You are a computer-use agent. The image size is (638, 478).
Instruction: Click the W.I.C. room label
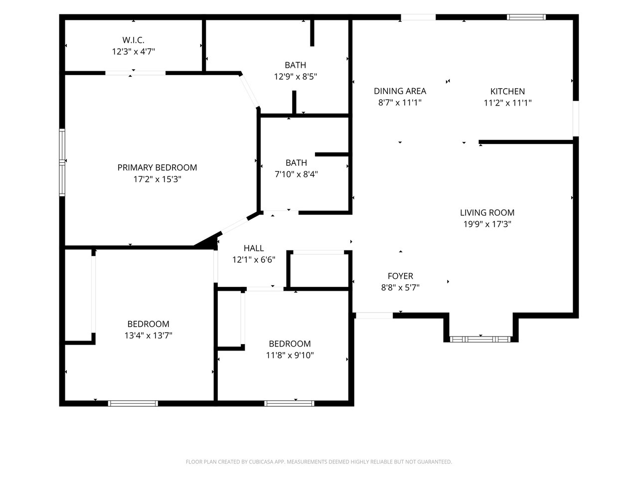(x=133, y=40)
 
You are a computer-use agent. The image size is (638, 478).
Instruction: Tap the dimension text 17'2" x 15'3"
(x=157, y=179)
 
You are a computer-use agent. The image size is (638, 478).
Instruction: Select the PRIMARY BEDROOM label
(x=157, y=167)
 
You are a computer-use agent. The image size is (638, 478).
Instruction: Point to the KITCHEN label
(x=507, y=92)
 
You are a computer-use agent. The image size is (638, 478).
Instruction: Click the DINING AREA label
(x=400, y=91)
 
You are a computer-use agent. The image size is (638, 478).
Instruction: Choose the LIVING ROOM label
(x=487, y=213)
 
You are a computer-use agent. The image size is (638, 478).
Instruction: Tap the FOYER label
(x=400, y=276)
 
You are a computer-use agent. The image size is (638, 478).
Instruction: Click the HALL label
(x=254, y=248)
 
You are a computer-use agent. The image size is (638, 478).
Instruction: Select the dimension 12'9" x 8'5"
(x=295, y=77)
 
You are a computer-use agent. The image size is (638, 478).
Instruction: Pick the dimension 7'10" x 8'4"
(x=296, y=174)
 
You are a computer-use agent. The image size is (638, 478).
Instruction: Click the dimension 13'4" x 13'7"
(x=148, y=336)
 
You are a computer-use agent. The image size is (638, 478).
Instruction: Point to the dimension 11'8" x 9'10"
(x=290, y=355)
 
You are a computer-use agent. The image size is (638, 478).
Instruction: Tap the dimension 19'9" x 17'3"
(x=487, y=224)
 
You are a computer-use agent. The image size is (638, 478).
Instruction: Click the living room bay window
(x=480, y=339)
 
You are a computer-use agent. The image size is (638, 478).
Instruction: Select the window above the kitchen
(x=526, y=17)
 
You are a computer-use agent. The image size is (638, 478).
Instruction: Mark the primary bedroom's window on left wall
(x=62, y=162)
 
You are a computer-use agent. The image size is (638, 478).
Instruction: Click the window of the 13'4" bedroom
(x=133, y=403)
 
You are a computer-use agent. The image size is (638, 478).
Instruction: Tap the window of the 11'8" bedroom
(x=289, y=403)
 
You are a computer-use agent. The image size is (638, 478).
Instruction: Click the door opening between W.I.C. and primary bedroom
(x=136, y=73)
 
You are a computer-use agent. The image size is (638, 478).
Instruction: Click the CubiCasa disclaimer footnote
(x=319, y=462)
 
